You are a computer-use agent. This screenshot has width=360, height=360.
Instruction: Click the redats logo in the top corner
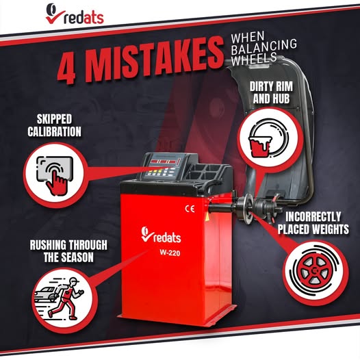pyautogui.click(x=75, y=14)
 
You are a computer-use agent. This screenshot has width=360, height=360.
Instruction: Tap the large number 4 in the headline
pyautogui.click(x=67, y=68)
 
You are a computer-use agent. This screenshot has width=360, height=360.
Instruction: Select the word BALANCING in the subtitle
pyautogui.click(x=264, y=47)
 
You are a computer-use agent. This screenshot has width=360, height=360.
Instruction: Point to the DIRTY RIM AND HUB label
pyautogui.click(x=271, y=92)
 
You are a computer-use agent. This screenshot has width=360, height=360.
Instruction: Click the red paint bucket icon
pyautogui.click(x=260, y=146)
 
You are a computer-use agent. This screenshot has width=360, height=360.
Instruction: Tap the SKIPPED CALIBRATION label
pyautogui.click(x=55, y=125)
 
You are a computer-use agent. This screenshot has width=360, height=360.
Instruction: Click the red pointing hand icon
pyautogui.click(x=57, y=181)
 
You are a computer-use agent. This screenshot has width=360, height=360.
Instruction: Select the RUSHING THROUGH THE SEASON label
pyautogui.click(x=68, y=251)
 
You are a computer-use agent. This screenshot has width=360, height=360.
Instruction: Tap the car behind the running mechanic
pyautogui.click(x=47, y=294)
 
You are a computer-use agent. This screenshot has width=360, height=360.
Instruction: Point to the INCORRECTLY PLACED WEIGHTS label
pyautogui.click(x=313, y=223)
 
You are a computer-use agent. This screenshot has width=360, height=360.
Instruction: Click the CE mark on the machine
pyautogui.click(x=190, y=209)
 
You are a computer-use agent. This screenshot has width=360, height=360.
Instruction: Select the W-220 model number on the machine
pyautogui.click(x=170, y=253)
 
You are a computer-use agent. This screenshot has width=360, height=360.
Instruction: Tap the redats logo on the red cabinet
pyautogui.click(x=161, y=235)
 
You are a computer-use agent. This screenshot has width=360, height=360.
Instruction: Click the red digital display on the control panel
pyautogui.click(x=164, y=162)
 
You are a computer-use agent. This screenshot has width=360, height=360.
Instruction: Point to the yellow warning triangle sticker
pyautogui.click(x=207, y=216)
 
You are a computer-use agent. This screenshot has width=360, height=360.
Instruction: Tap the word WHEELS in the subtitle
pyautogui.click(x=253, y=59)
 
